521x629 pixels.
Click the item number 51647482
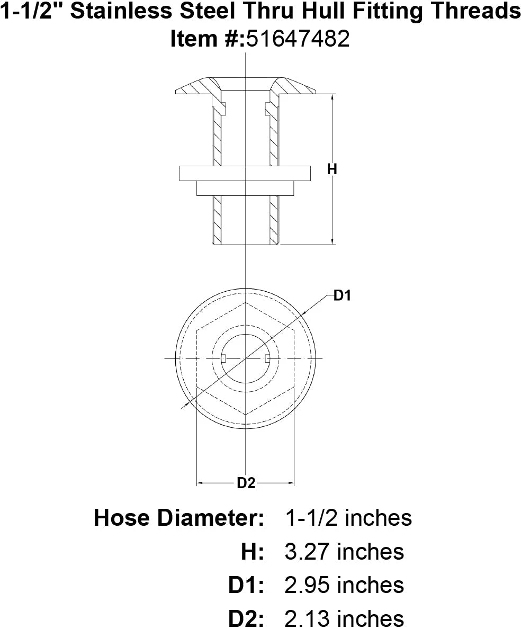point(297,40)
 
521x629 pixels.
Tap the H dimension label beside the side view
point(332,169)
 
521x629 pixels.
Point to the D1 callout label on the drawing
point(343,296)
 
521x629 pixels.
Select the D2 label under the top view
point(246,483)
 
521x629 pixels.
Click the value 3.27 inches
point(344,552)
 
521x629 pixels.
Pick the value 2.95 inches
point(344,585)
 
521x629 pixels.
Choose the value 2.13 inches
point(344,618)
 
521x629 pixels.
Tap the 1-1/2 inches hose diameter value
point(348,518)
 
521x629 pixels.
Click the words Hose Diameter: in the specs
point(179,518)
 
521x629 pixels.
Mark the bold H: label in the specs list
point(253,552)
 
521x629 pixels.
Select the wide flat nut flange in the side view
point(244,174)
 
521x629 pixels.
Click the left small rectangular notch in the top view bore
point(224,359)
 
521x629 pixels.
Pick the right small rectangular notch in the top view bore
point(267,359)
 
